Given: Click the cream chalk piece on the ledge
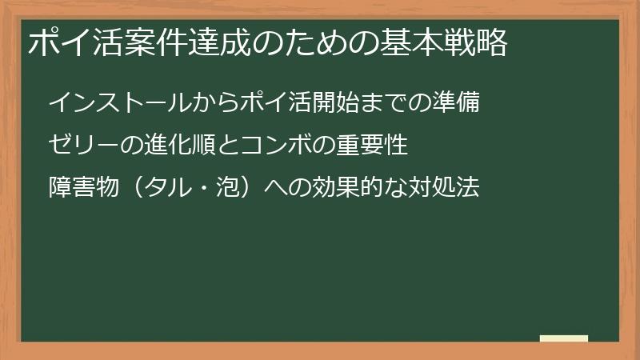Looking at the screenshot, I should (x=564, y=338).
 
